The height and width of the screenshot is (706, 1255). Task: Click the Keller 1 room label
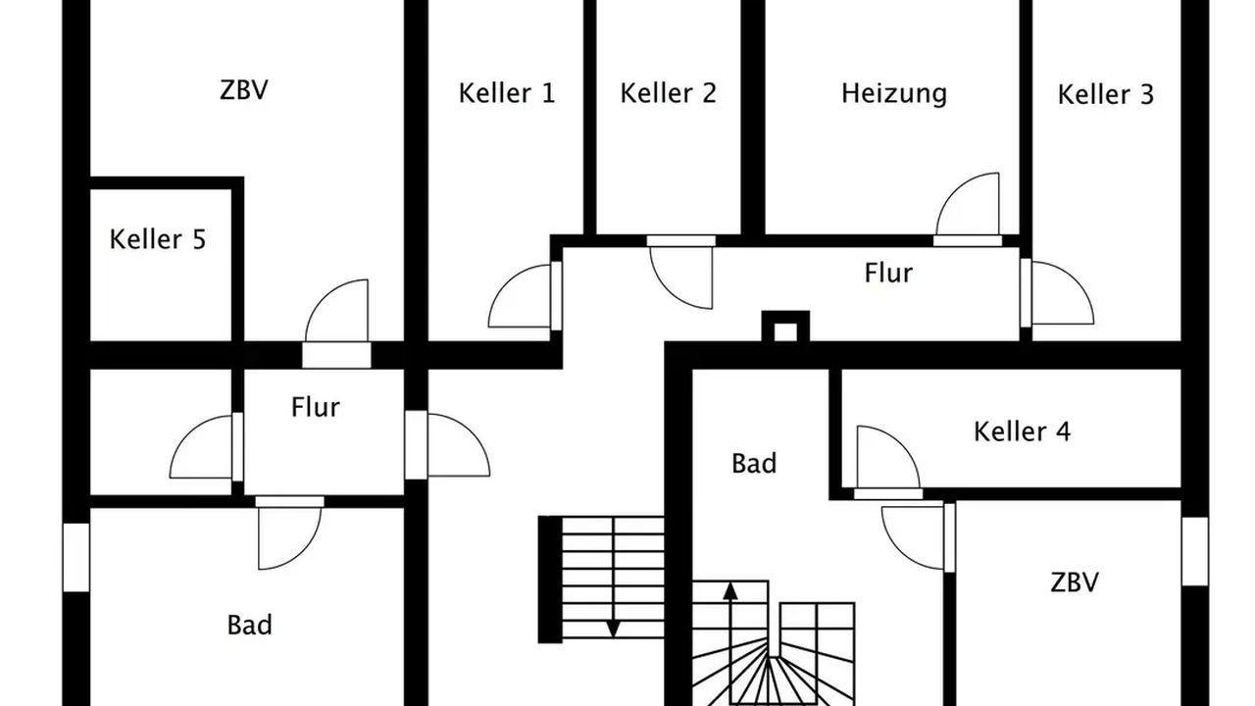tap(506, 93)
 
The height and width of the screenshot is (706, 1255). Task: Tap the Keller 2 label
tap(668, 93)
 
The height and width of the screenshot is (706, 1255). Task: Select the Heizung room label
tap(893, 93)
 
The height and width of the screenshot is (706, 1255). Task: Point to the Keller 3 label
tap(1105, 95)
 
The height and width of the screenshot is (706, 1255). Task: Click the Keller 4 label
tap(1022, 431)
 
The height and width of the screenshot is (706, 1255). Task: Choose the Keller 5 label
tap(157, 239)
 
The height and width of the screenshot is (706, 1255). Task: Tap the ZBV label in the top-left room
tap(244, 90)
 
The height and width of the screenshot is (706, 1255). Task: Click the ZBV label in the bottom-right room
tap(1074, 582)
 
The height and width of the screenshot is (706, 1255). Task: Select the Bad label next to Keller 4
tap(754, 463)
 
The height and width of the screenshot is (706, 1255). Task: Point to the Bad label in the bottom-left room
tap(249, 625)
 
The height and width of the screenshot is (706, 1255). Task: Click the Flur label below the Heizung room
tap(888, 273)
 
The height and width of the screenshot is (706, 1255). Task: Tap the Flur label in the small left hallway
tap(315, 406)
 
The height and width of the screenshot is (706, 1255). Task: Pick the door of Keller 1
tap(522, 296)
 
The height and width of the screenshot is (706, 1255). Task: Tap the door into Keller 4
tap(885, 457)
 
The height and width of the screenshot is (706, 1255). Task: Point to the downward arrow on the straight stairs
tap(613, 627)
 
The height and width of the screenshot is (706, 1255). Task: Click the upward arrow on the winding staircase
tap(729, 591)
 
